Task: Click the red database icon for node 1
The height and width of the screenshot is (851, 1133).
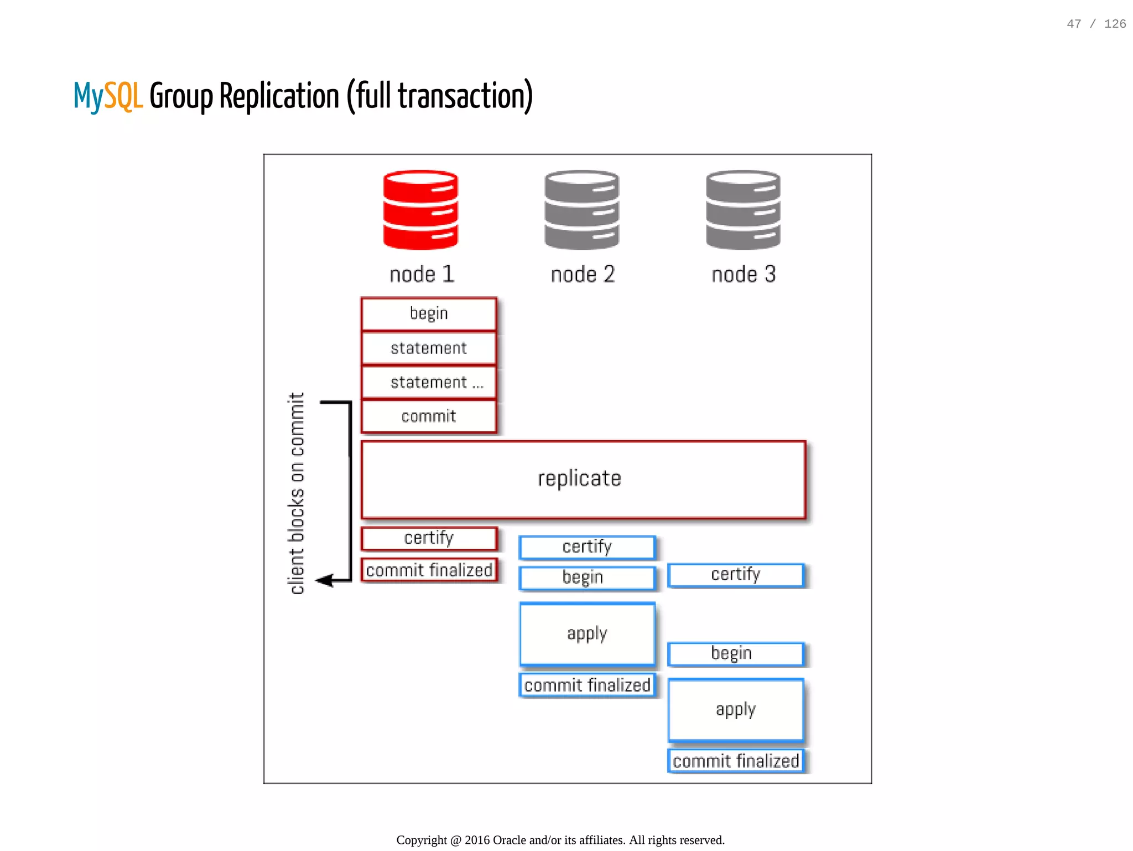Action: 420,210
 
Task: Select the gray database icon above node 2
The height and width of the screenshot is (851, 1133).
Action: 581,210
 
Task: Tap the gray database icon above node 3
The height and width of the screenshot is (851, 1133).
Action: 743,210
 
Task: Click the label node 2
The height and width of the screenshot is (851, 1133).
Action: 583,275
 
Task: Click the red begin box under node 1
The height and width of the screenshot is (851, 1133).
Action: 429,314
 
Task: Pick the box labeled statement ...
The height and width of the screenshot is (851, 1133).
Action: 429,348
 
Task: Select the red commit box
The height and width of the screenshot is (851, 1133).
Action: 429,416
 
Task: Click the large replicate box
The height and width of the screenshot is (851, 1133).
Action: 583,479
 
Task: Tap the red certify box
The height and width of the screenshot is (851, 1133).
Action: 429,538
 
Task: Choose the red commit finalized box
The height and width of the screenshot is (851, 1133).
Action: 429,570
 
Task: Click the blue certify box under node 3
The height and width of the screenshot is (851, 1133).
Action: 735,575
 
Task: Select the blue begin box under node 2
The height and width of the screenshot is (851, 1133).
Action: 587,577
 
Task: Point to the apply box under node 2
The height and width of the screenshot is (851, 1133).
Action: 587,634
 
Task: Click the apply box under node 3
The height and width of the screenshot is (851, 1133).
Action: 735,710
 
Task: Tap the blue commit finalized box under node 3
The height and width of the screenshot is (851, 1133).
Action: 735,761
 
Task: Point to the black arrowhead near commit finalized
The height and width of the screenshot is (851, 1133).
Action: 324,580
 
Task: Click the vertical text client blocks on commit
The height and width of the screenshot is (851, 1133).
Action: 297,493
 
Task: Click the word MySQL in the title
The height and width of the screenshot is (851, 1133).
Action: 108,96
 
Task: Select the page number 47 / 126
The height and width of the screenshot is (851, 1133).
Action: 1096,24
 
